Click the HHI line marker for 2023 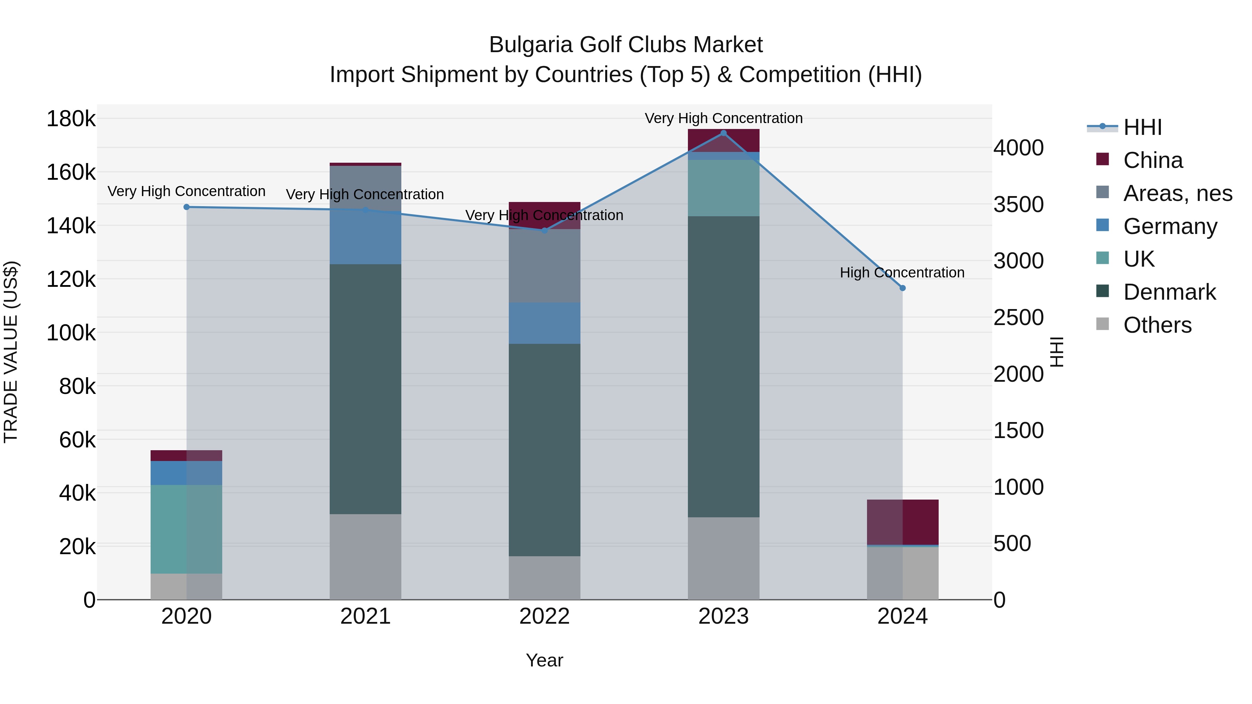coord(723,133)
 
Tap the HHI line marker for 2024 coord(902,288)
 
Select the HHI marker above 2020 coord(187,207)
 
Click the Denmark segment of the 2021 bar coord(366,389)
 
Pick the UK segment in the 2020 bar coord(187,529)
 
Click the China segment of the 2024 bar coord(902,522)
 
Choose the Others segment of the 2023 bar coord(723,558)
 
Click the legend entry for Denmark coord(1169,292)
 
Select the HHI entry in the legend coord(1142,127)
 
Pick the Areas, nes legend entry coord(1177,193)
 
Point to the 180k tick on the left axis coord(71,119)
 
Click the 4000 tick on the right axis coord(1018,148)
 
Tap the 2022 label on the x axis coord(544,616)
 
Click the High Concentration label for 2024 coord(902,273)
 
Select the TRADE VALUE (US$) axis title coord(11,352)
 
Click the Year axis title coord(544,660)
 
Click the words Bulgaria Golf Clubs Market coord(626,45)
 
